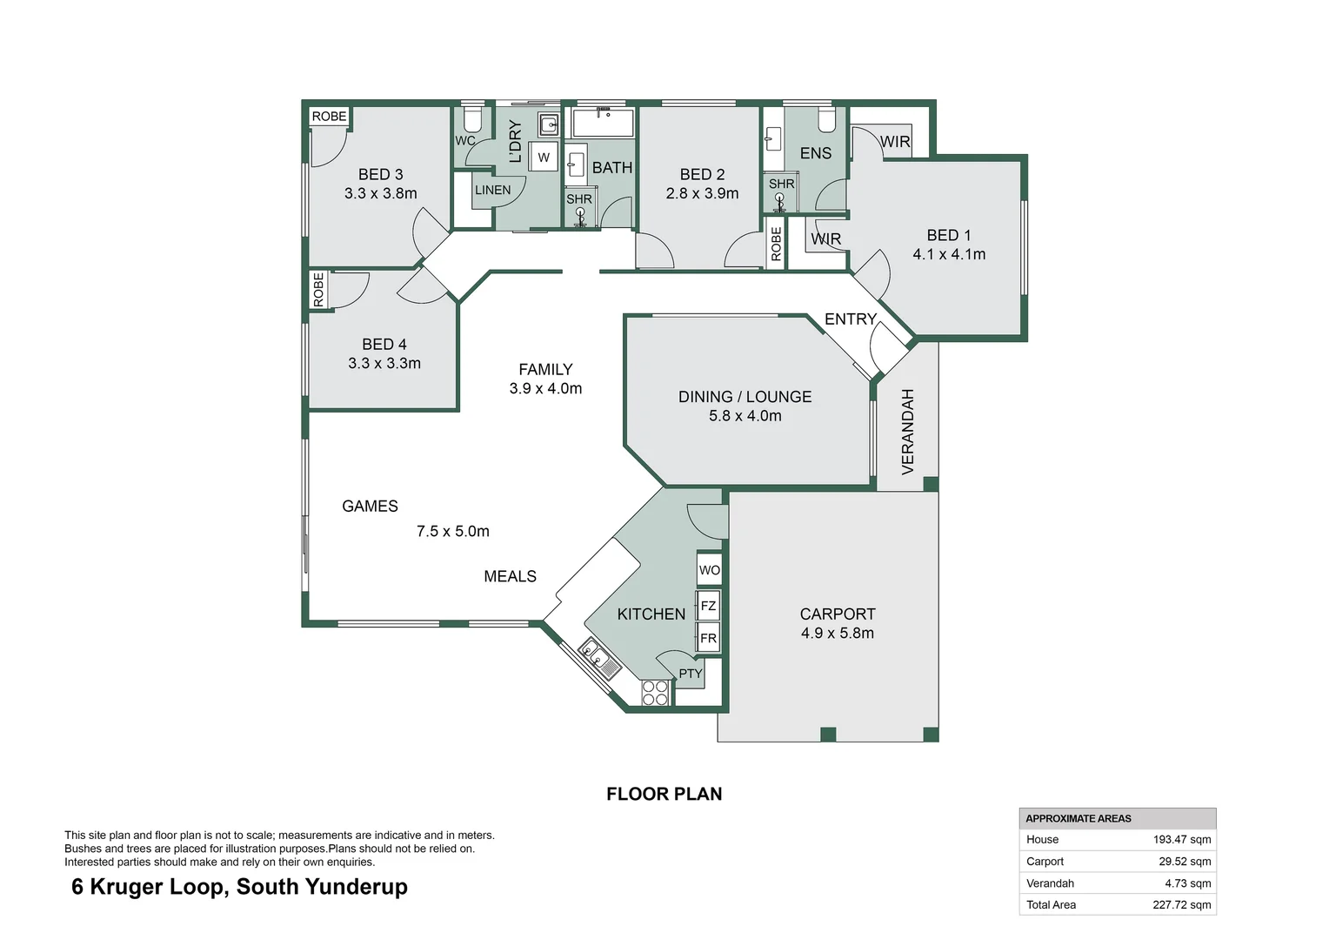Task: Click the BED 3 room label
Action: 380,174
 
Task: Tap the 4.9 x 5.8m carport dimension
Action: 837,634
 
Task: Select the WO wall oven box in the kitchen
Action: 709,570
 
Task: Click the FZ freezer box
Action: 708,606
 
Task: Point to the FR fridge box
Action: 708,638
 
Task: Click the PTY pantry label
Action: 691,674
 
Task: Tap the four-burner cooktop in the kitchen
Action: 655,693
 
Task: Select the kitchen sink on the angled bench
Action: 599,658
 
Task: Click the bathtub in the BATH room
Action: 603,124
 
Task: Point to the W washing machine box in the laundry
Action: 544,158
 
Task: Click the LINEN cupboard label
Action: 492,190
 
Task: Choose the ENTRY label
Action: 850,319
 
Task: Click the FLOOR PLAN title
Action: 664,794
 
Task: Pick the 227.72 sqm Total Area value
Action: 1181,905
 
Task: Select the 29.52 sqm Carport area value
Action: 1184,862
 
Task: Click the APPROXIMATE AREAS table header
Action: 1079,818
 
